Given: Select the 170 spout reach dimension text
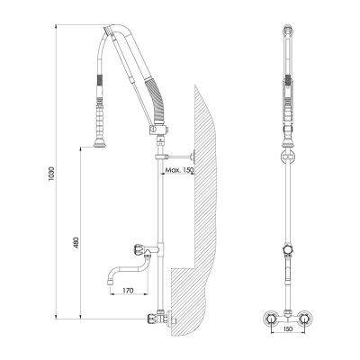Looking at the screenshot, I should [126, 292].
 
